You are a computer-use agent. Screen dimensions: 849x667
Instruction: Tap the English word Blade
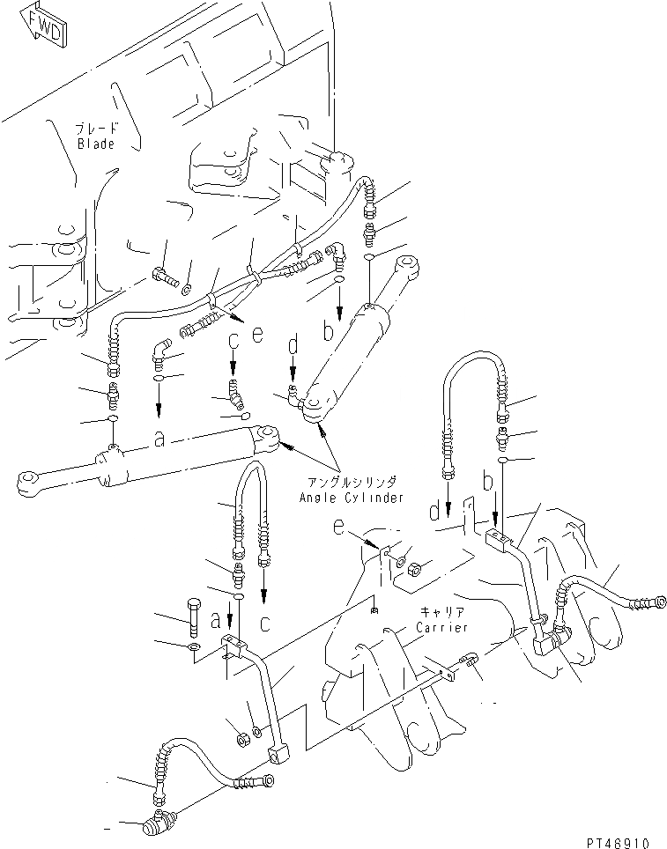96,144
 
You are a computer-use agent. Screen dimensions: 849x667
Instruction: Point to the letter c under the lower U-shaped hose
265,622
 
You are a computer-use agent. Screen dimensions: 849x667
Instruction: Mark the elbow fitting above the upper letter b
338,255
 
